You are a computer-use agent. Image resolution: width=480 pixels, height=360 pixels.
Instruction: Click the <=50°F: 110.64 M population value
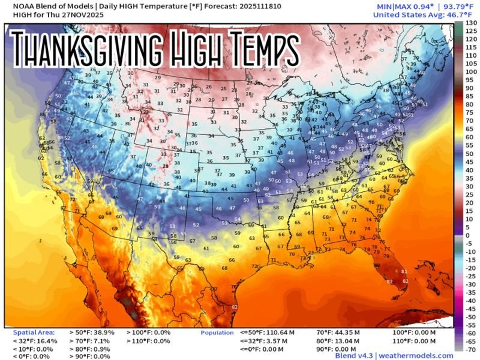click(267, 332)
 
